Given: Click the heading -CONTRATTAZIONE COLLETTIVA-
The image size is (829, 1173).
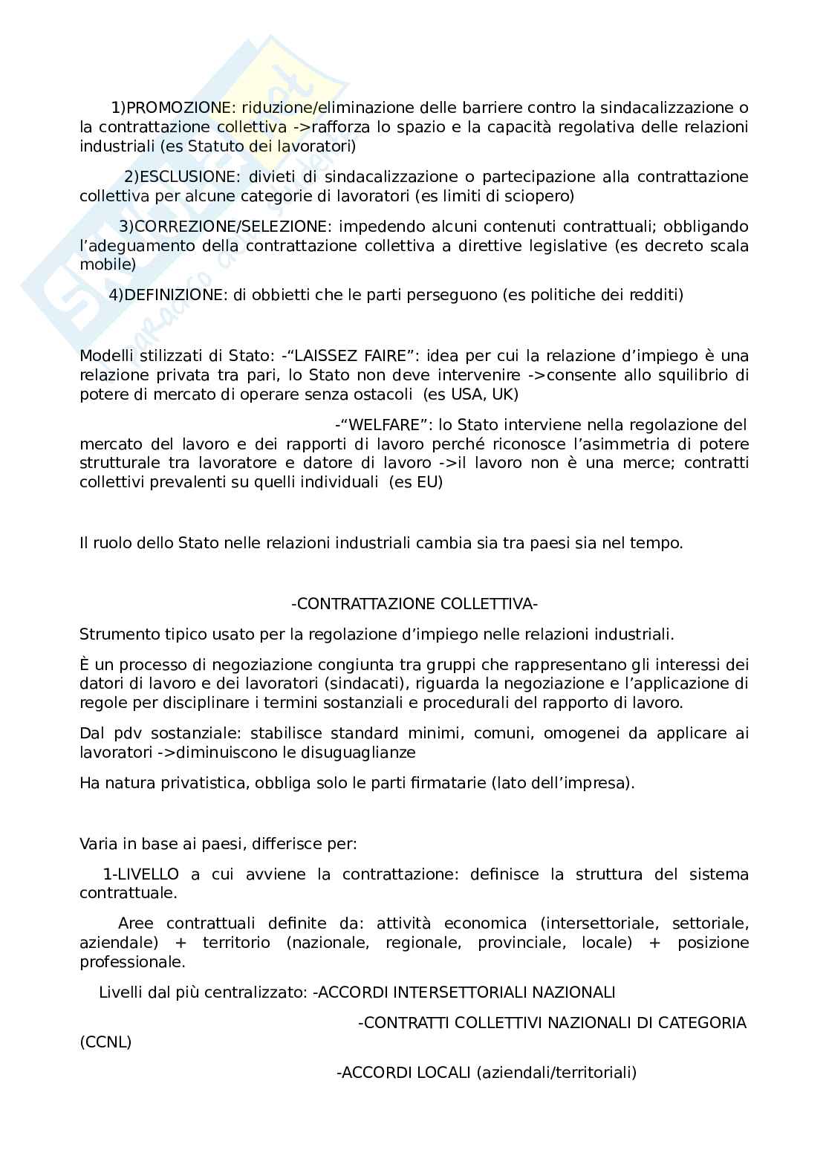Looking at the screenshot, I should tap(414, 604).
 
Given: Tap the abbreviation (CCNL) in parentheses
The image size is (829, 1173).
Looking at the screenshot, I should tap(105, 1042).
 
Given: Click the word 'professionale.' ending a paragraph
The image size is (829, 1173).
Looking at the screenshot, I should tap(132, 961).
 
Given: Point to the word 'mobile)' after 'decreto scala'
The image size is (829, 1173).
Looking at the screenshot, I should tap(108, 264).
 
